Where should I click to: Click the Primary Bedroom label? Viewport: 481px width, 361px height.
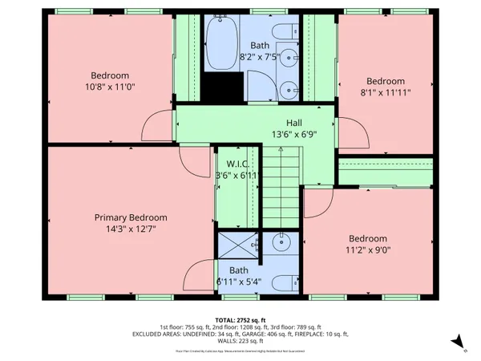(x=131, y=217)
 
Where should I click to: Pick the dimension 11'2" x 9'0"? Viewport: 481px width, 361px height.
(x=367, y=249)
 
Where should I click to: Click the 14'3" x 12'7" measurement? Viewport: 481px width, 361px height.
(x=131, y=229)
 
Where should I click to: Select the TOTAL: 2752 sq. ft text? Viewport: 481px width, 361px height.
(x=240, y=319)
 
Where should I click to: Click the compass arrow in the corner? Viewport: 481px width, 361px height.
(x=459, y=343)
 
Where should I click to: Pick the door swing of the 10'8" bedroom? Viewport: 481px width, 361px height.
(x=158, y=126)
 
